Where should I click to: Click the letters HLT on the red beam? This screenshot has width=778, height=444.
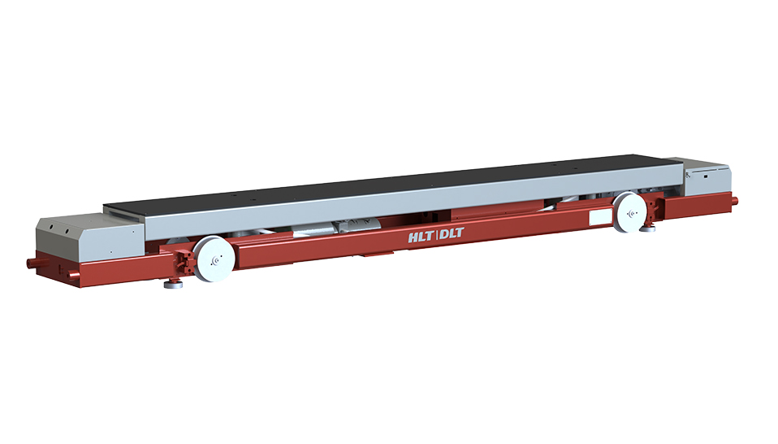click(421, 238)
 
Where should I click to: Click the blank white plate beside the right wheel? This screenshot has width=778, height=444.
click(599, 218)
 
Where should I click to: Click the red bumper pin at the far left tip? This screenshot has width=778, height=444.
click(32, 263)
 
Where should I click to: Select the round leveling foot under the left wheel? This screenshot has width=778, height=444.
click(174, 285)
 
